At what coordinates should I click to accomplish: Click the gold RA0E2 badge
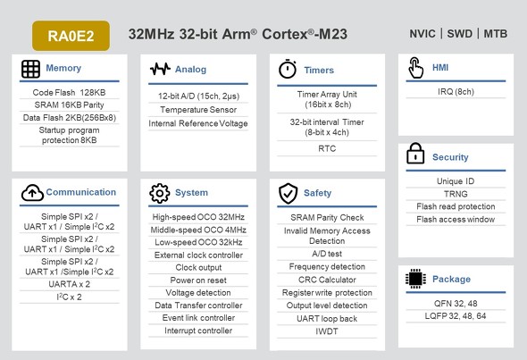pos(71,36)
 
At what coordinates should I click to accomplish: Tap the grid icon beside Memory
pos(30,69)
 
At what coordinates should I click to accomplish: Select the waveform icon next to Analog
pos(160,69)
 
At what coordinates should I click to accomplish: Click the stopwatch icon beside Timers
pos(288,69)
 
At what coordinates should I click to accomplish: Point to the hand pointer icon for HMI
pos(415,68)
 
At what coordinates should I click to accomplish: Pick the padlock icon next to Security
pos(415,154)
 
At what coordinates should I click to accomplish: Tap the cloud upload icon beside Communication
pos(32,193)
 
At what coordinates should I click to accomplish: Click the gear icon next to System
pos(160,193)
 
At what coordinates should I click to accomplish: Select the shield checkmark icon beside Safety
pos(288,193)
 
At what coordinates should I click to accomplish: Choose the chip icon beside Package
pos(415,279)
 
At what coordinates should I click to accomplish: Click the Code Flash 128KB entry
pos(70,92)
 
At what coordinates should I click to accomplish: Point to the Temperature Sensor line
pos(198,110)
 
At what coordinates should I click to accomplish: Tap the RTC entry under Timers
pos(327,148)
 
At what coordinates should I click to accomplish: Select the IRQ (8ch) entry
pos(456,92)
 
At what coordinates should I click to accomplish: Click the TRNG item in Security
pos(456,194)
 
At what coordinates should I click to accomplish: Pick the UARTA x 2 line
pos(70,284)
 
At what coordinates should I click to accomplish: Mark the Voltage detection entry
pos(198,293)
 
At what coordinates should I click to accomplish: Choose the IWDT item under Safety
pos(327,331)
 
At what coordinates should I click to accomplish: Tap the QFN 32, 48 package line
pos(456,304)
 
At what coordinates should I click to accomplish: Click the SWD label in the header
pos(459,34)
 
